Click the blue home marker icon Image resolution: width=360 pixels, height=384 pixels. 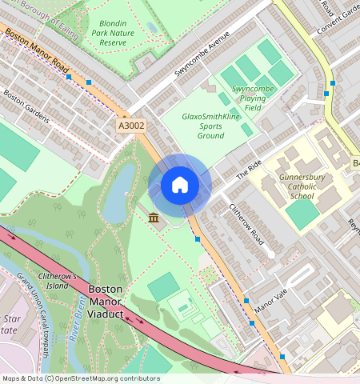click(x=180, y=186)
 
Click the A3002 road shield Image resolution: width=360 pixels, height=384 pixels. click(x=133, y=126)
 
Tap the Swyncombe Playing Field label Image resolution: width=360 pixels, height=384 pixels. click(x=253, y=98)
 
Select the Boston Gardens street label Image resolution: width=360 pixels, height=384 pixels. click(x=26, y=105)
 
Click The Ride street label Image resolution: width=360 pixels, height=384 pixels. click(x=249, y=170)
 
